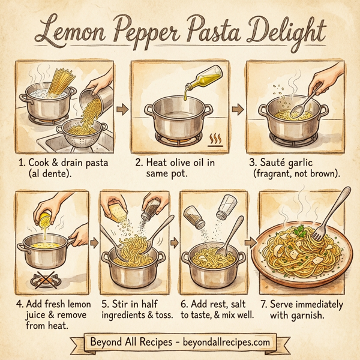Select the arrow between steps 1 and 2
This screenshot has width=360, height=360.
coord(123,109)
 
